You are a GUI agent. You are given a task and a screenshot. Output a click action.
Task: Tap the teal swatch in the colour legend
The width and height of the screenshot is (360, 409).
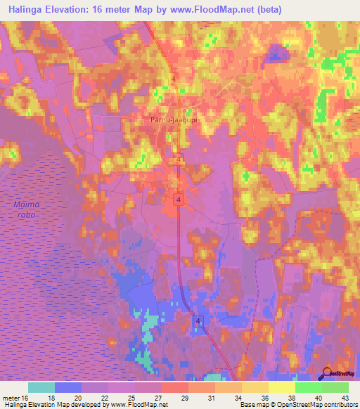(41, 387)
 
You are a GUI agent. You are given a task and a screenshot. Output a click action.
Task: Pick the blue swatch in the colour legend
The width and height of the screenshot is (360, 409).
(68, 387)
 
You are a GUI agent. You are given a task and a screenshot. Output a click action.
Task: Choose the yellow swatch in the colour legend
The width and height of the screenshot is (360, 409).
(281, 387)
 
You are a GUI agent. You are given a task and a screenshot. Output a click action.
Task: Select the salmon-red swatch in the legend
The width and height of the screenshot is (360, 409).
(175, 387)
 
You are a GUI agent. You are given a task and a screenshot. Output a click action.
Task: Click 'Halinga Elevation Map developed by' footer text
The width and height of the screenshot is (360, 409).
(56, 405)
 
